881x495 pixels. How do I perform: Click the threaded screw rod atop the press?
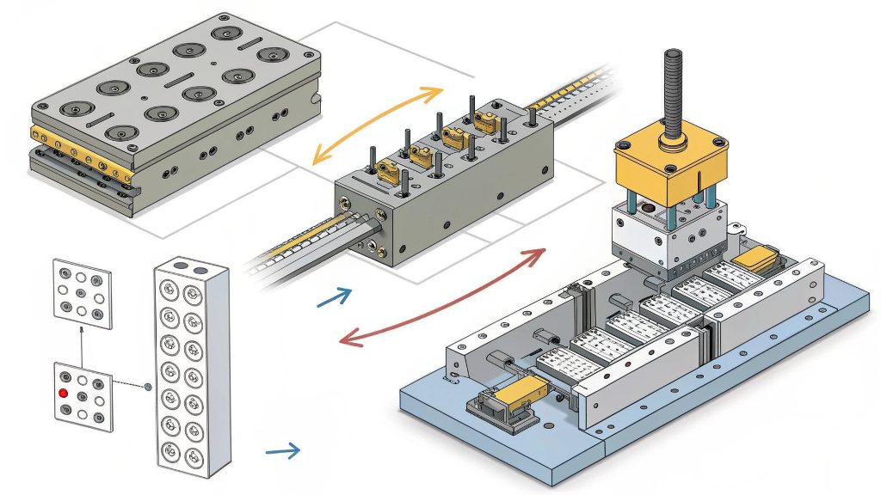tap(672, 95)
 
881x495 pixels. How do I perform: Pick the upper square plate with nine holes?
tap(83, 292)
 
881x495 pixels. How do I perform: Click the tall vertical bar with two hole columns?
tap(190, 370)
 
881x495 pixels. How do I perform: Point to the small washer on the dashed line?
tap(148, 388)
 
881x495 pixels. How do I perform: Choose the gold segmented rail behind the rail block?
tap(568, 95)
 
